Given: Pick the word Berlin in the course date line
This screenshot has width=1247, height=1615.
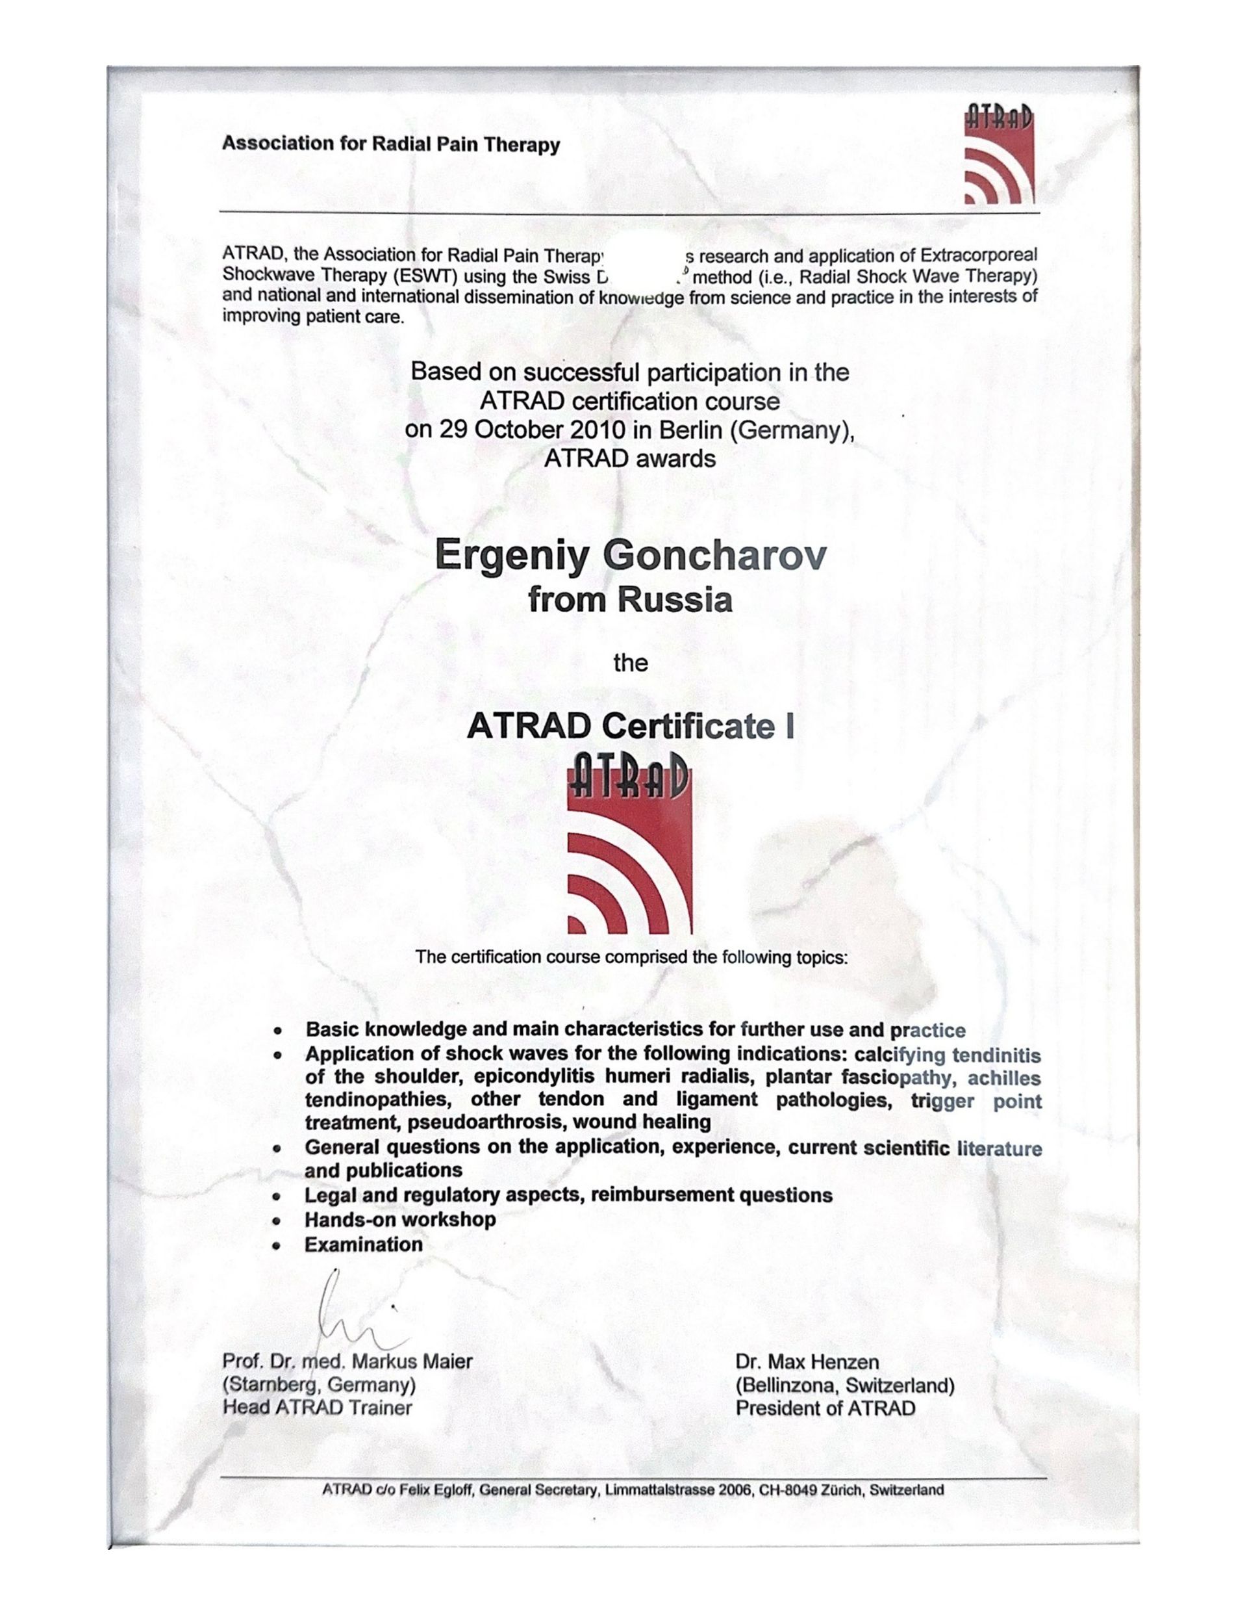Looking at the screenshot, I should tap(689, 430).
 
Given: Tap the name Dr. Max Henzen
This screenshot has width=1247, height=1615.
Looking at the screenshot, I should tap(807, 1362).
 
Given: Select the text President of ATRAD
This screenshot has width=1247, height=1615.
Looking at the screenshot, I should tap(825, 1407).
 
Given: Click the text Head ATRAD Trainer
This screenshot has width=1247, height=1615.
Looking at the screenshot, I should tap(317, 1407).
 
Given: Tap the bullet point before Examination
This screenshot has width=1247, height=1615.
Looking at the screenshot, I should tap(277, 1246).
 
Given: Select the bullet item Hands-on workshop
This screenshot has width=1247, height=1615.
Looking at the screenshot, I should tap(400, 1219).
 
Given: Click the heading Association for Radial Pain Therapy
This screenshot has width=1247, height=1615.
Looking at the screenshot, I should tap(390, 144).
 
